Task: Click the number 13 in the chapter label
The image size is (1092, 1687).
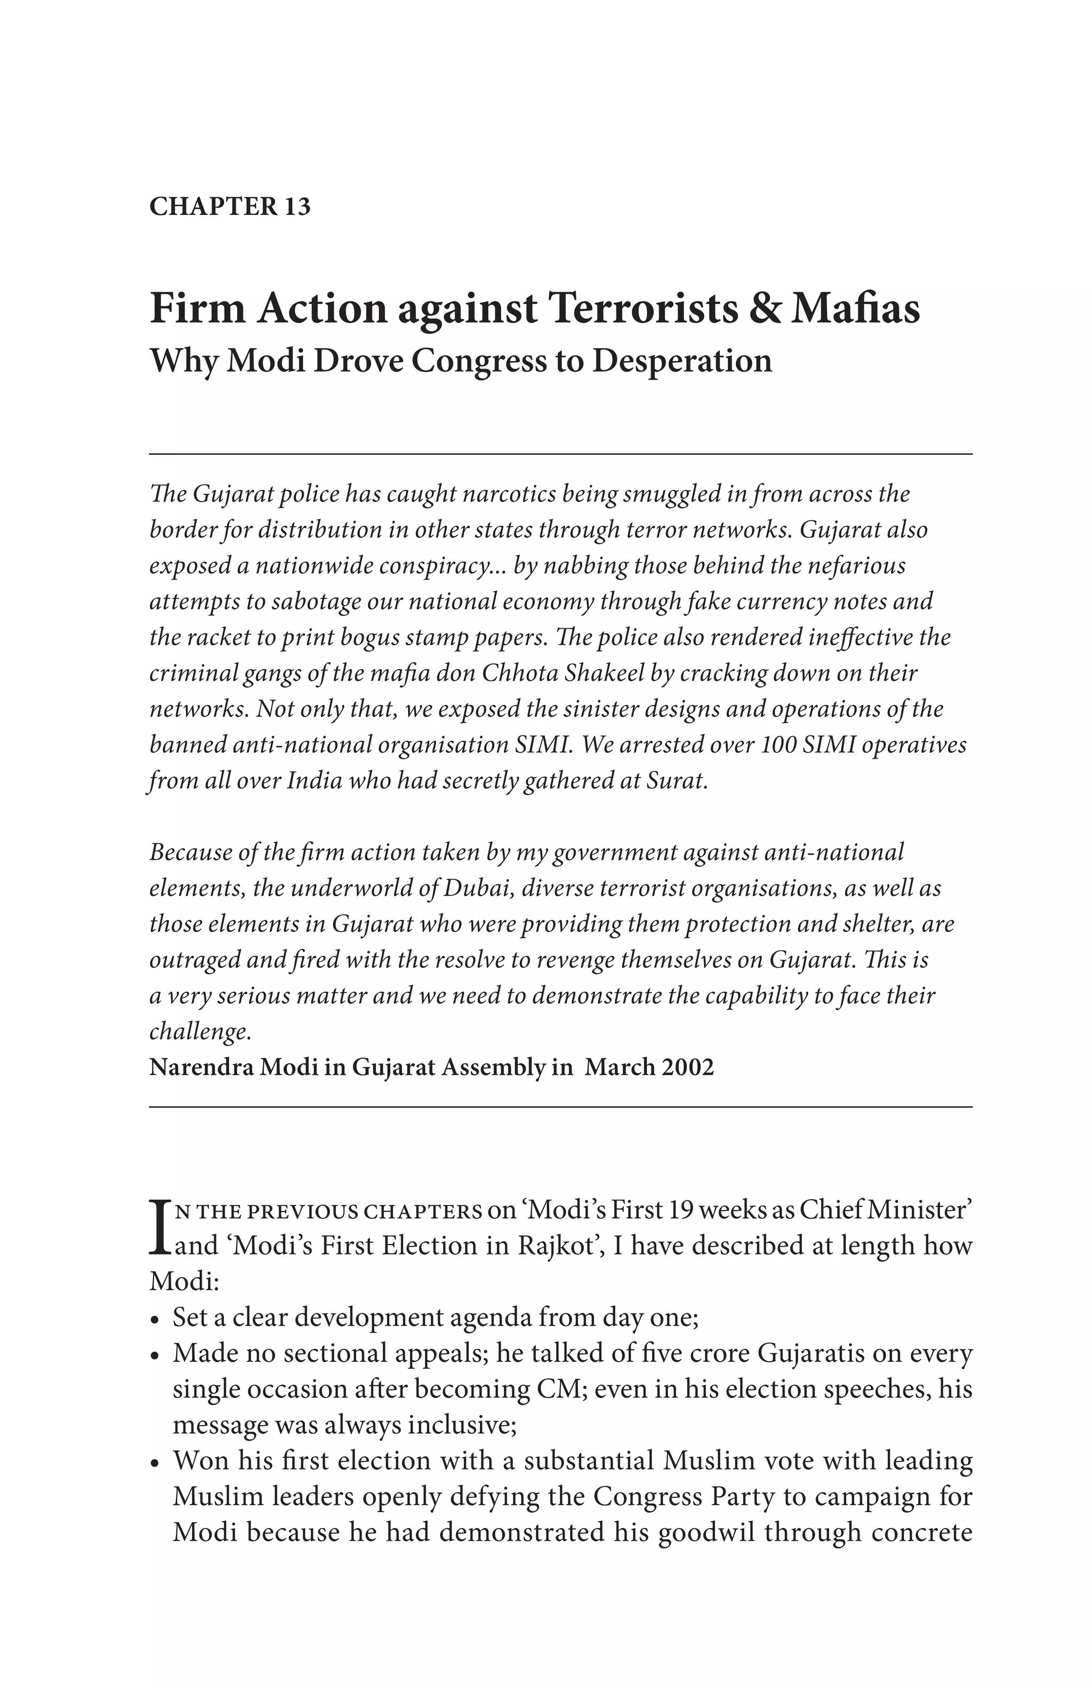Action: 297,206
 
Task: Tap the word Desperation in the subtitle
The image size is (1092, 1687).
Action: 682,361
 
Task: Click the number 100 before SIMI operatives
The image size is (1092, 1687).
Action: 780,745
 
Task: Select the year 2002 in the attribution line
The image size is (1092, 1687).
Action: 687,1067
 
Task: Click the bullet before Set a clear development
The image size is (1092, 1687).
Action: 156,1321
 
